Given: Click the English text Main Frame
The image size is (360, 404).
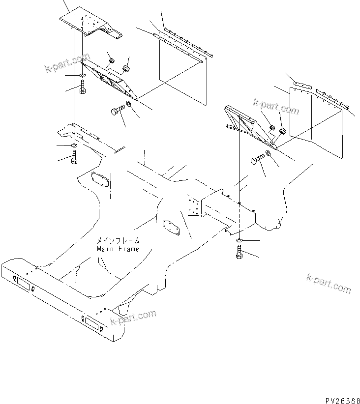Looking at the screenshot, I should (118, 249).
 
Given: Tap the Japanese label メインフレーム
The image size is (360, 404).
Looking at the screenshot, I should (118, 241).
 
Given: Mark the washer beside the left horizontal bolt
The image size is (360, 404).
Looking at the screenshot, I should (128, 103).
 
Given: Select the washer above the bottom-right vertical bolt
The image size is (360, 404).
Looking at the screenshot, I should (239, 240).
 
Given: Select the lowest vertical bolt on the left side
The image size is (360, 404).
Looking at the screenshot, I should (74, 157).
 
